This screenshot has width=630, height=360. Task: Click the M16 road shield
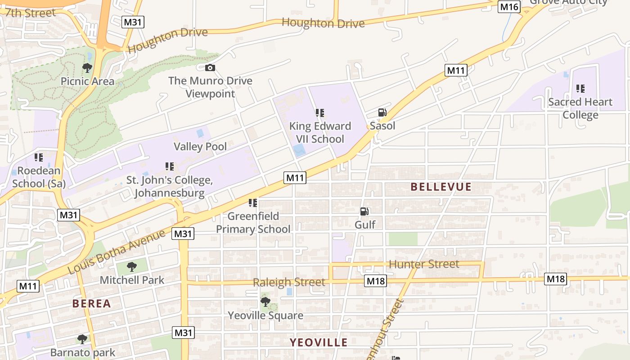tap(509, 7)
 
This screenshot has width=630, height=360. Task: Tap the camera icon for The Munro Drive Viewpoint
tap(210, 68)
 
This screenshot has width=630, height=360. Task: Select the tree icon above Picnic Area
tap(87, 68)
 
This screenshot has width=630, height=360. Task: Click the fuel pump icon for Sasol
tap(382, 112)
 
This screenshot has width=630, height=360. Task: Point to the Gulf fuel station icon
tap(364, 211)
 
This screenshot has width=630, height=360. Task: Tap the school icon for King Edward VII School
tap(320, 113)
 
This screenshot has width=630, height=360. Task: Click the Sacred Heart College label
tap(580, 108)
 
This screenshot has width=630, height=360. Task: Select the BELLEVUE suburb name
tap(441, 187)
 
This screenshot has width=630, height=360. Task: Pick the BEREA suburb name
tap(92, 303)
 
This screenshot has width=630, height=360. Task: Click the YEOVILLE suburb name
tap(319, 342)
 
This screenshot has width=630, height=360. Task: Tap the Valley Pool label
tap(200, 146)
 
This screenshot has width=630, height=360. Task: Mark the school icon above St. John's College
tap(169, 166)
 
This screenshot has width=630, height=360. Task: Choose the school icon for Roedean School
tap(39, 157)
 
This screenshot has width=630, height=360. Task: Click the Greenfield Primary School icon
tap(253, 203)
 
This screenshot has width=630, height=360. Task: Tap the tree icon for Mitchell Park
tap(132, 267)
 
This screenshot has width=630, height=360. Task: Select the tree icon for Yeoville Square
tap(265, 302)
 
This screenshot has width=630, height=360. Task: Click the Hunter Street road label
tap(423, 264)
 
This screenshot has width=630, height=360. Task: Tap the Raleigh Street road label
tap(288, 283)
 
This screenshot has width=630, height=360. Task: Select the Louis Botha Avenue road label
tap(117, 252)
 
